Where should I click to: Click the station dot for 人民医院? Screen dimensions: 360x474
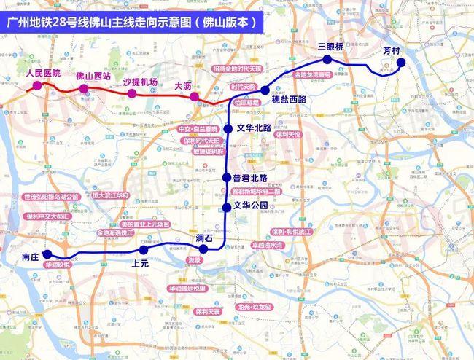[36, 87]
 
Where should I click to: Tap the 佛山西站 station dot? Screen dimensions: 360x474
[83, 89]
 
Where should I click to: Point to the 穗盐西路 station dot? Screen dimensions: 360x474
[265, 90]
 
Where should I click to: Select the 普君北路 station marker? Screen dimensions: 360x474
[227, 178]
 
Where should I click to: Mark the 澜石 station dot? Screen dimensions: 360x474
[204, 249]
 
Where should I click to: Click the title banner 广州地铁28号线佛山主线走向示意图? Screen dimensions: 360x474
[132, 22]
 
